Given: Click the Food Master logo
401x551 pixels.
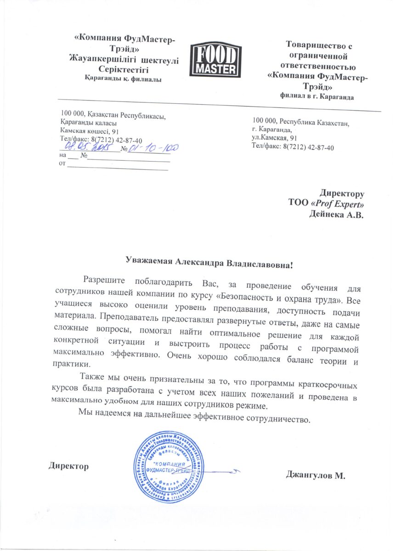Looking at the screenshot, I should coord(215,60).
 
